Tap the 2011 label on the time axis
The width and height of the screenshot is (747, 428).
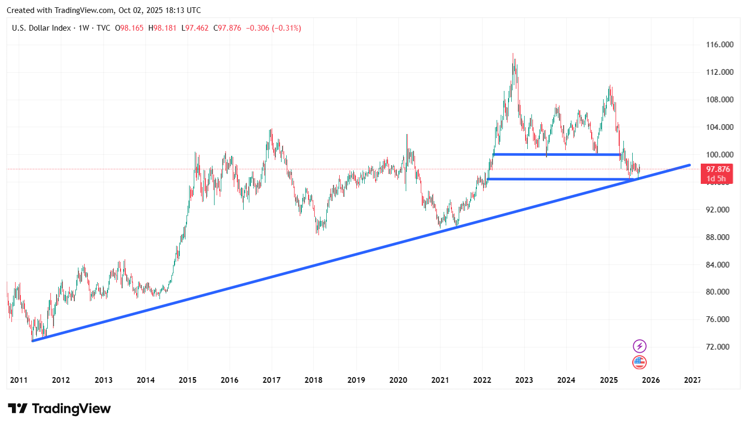(18, 380)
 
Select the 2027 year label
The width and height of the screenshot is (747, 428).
(693, 380)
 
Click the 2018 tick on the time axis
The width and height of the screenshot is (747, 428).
(314, 380)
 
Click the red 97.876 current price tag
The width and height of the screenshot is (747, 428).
(716, 169)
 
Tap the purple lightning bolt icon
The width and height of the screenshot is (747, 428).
(639, 346)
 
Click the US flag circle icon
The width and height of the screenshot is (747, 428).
(639, 363)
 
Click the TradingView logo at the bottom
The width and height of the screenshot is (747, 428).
(59, 409)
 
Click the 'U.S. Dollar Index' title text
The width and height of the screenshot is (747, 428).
(42, 28)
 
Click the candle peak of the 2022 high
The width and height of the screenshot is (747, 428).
(513, 53)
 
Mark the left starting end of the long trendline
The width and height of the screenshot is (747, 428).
(33, 341)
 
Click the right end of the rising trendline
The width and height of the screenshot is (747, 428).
(690, 165)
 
